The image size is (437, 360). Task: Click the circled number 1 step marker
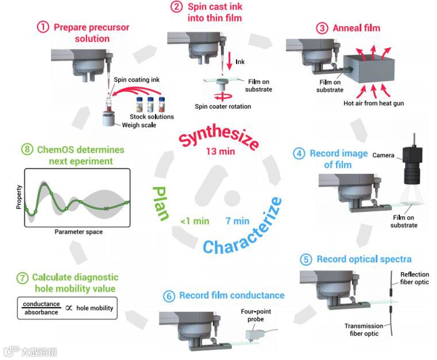click(43, 27)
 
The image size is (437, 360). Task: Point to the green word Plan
click(160, 204)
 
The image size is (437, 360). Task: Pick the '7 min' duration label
click(237, 221)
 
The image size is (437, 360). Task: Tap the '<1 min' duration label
click(195, 221)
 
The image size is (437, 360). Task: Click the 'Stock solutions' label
click(151, 116)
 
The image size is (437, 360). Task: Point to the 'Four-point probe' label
click(256, 315)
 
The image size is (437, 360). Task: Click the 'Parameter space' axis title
click(79, 232)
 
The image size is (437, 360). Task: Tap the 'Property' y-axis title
click(19, 198)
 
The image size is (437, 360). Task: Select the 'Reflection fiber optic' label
click(415, 278)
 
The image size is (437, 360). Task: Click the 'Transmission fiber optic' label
click(364, 330)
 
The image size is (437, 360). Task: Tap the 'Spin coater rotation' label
click(222, 106)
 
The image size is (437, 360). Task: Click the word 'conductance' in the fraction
click(41, 304)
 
